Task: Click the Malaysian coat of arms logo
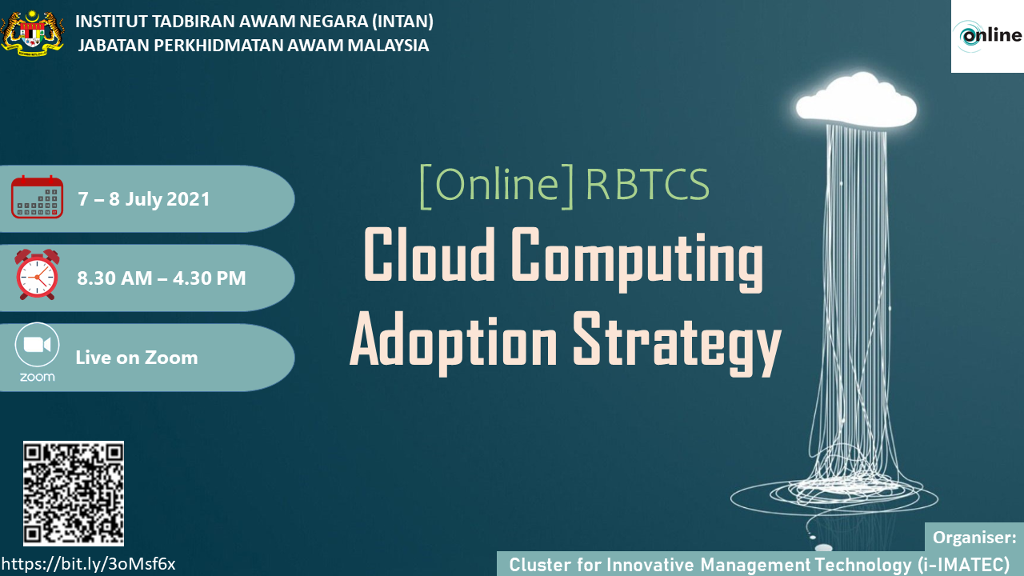[x=33, y=33]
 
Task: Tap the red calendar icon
[x=37, y=197]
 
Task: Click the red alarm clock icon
[x=37, y=274]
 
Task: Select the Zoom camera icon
[x=37, y=345]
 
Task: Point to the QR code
[x=74, y=494]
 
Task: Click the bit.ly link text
[x=89, y=564]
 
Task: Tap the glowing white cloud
[x=856, y=100]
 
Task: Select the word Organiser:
[x=974, y=538]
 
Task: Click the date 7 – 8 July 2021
[x=143, y=199]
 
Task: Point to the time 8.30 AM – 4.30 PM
[x=162, y=278]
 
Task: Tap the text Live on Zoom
[x=137, y=358]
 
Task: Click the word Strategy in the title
[x=677, y=343]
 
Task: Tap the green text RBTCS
[x=647, y=185]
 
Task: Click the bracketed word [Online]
[x=497, y=186]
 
